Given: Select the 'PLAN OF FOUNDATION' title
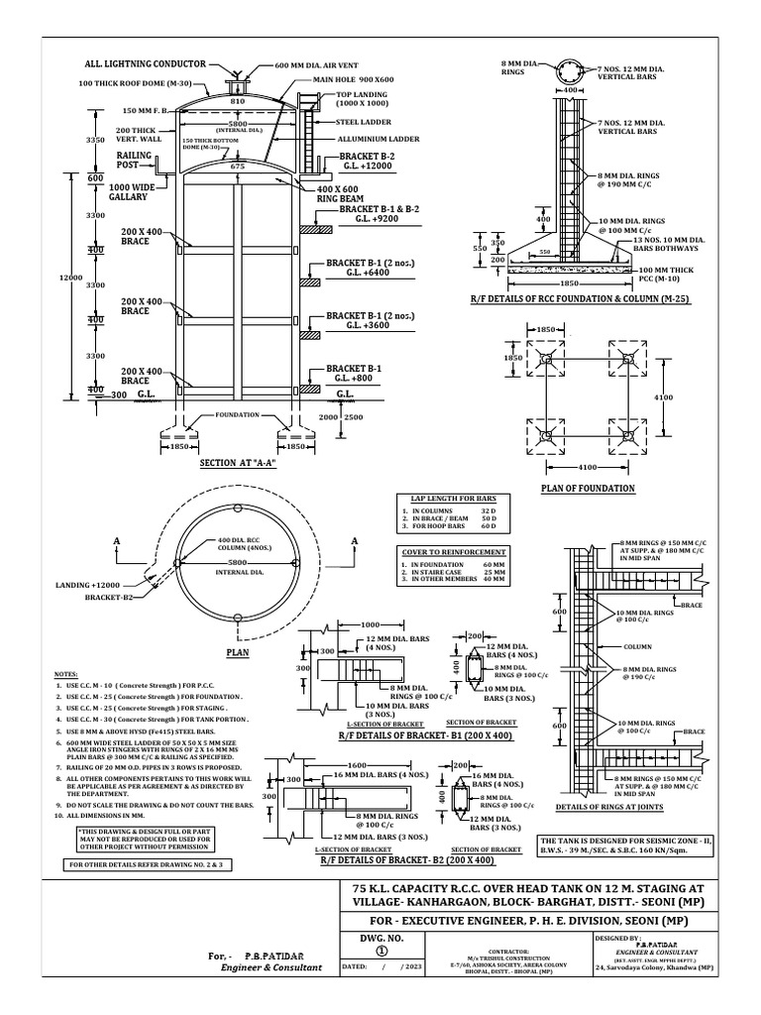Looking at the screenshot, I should click(x=588, y=488).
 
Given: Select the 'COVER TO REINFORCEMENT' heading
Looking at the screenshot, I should click(x=454, y=551).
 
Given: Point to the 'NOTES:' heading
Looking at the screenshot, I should click(x=67, y=673).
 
